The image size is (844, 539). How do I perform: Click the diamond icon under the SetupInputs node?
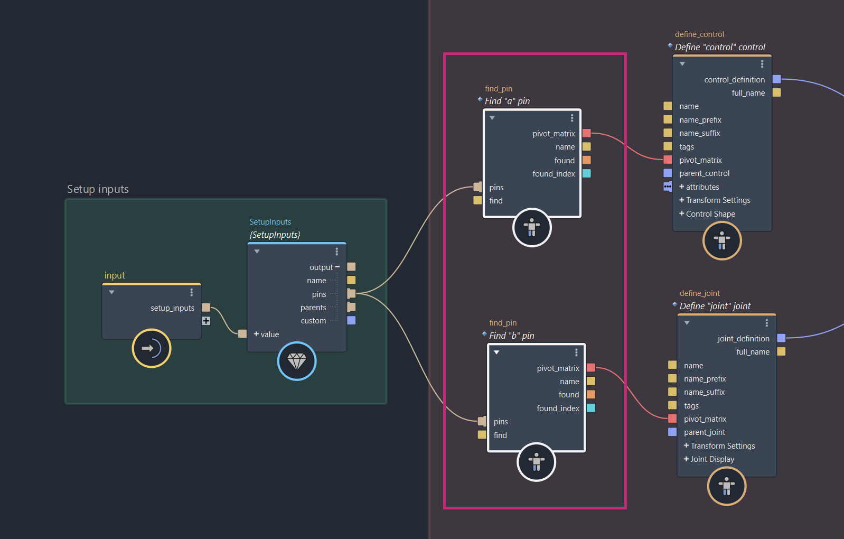click(297, 361)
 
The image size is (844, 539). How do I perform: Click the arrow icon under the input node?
click(152, 348)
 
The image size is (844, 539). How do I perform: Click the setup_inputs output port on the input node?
click(206, 308)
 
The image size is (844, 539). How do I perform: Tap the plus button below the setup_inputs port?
click(206, 321)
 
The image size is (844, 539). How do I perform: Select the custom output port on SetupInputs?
click(351, 320)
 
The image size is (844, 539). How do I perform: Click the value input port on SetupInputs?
click(242, 333)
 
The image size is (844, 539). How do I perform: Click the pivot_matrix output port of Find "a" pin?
click(587, 133)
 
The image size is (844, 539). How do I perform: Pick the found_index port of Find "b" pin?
click(591, 408)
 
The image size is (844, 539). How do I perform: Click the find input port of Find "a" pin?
click(477, 200)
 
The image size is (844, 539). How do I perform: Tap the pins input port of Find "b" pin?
click(482, 421)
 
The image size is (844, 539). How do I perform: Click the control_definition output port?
click(776, 79)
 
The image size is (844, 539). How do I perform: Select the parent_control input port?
click(668, 173)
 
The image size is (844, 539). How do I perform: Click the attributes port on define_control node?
click(668, 187)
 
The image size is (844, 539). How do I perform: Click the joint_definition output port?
click(781, 338)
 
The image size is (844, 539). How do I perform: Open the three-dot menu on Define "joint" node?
click(767, 323)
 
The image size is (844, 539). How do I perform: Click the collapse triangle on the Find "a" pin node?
click(492, 118)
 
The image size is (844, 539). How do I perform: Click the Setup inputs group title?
click(98, 189)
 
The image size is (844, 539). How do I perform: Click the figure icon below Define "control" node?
click(722, 241)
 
